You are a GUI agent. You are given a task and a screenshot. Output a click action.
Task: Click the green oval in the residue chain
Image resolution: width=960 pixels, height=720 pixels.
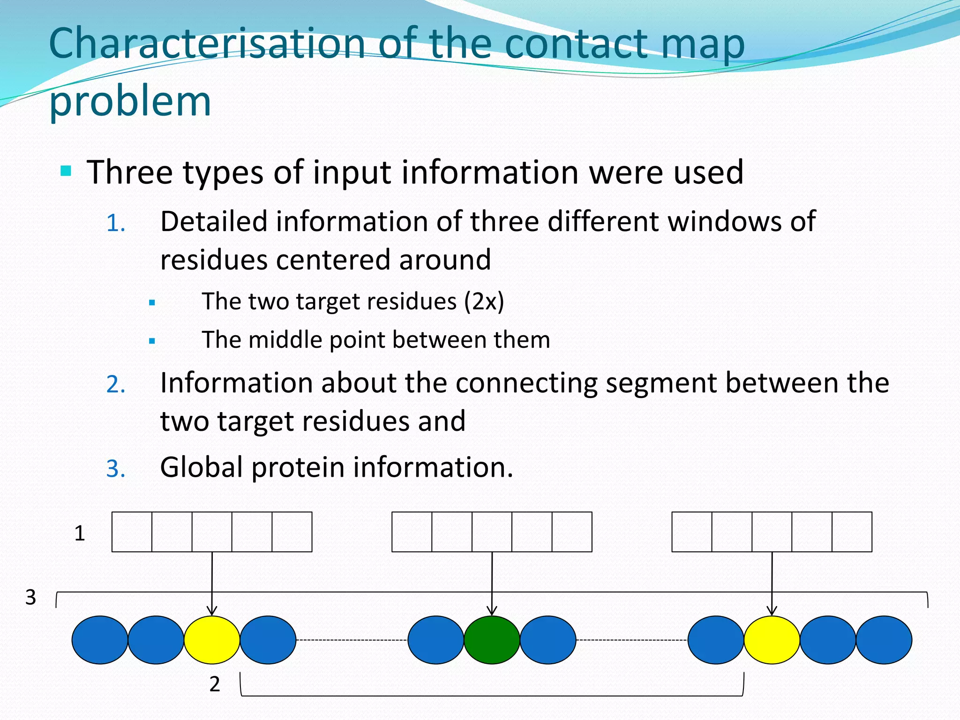point(492,640)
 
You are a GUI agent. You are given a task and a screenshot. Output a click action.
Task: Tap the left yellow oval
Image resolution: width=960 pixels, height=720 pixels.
point(212,640)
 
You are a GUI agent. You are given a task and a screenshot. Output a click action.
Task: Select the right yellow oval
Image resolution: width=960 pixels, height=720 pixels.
point(772,640)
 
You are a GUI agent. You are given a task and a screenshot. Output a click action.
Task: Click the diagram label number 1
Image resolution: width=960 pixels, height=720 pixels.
point(80,533)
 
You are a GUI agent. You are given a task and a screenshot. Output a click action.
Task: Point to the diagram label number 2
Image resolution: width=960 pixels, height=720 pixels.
point(215,684)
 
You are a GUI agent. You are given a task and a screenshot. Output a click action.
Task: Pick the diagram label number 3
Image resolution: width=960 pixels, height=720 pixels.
point(30,598)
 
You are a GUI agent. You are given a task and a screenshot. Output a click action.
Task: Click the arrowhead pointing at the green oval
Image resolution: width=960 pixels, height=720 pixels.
point(492,611)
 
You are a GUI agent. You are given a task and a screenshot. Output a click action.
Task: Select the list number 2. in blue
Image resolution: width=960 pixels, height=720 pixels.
point(116,384)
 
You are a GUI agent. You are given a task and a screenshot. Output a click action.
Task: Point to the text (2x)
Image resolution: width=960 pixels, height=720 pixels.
point(484,301)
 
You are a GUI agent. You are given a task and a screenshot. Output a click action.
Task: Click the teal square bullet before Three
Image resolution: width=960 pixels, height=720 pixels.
point(66,171)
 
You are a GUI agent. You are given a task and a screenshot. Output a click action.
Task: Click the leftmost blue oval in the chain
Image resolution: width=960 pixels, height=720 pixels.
point(100,640)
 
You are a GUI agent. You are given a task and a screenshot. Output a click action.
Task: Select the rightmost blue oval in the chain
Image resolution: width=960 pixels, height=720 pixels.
point(884,640)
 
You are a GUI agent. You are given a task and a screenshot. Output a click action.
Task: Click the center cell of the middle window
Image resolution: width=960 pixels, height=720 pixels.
point(492,532)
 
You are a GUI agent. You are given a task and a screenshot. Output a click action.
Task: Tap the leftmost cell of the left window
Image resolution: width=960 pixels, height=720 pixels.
point(132,532)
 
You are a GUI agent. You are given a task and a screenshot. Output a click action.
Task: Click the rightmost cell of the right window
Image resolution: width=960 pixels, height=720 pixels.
point(852,532)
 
